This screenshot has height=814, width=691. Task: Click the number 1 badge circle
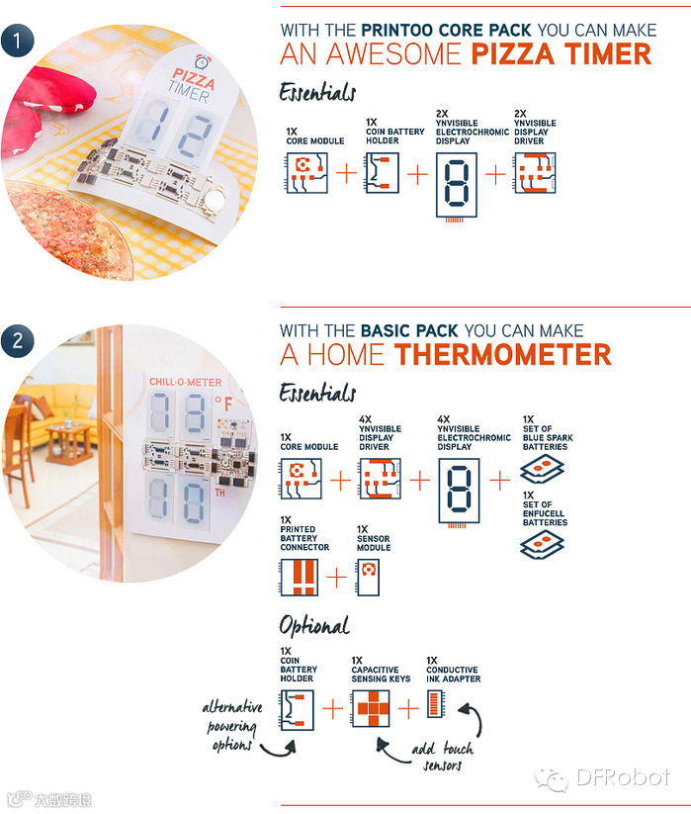click(17, 41)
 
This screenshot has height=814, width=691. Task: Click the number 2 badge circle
click(17, 341)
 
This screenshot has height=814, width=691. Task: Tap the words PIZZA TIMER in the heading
click(561, 54)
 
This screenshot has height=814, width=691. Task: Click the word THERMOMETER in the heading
click(503, 355)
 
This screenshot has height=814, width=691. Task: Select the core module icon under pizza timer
click(306, 173)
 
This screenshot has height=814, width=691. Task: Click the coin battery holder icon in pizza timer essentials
click(382, 173)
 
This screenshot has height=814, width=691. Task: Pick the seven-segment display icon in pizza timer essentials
click(456, 186)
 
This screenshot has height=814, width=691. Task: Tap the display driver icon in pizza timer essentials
click(535, 173)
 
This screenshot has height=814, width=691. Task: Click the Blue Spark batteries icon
click(542, 469)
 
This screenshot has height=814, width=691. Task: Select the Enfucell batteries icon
click(542, 545)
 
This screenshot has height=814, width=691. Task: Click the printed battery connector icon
click(299, 578)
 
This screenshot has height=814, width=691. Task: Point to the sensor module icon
click(368, 578)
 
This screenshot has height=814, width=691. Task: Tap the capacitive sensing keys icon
click(371, 708)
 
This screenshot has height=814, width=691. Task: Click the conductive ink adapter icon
click(436, 704)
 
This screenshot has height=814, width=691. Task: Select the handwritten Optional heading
click(314, 625)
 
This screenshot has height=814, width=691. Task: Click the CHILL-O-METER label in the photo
click(185, 382)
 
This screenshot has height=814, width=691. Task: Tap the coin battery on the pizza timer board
click(215, 200)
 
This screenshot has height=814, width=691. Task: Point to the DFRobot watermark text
click(623, 777)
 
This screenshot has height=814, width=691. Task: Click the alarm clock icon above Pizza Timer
click(203, 62)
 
